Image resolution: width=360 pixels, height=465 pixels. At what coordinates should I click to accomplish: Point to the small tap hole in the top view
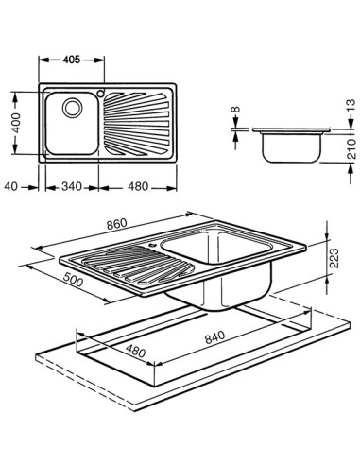click(99, 93)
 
